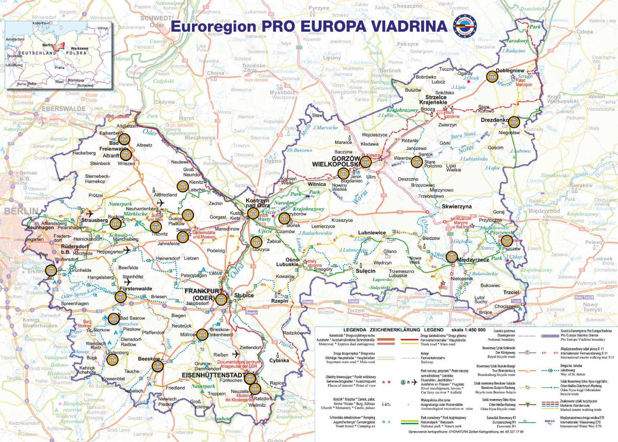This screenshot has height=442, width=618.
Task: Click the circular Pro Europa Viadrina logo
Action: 465,26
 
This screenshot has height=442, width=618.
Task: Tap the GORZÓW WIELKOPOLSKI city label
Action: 336,162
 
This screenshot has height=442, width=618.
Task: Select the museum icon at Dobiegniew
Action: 492,77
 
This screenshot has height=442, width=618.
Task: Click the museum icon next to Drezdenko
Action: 514,122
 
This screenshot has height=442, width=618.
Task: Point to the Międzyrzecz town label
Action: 473,260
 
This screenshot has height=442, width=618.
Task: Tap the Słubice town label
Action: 244,296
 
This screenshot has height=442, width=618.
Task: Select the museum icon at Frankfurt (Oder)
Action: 221,299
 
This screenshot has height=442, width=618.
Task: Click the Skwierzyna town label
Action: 456,206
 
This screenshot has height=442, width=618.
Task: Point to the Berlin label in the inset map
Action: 47,45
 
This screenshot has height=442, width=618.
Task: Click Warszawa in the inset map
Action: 79,48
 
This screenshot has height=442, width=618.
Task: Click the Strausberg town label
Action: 95,220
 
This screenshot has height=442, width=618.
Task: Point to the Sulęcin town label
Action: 365,271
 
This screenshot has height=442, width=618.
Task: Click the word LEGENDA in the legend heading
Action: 355,330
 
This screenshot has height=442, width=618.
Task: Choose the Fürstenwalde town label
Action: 136,289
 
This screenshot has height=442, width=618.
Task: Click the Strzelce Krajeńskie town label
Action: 436,100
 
